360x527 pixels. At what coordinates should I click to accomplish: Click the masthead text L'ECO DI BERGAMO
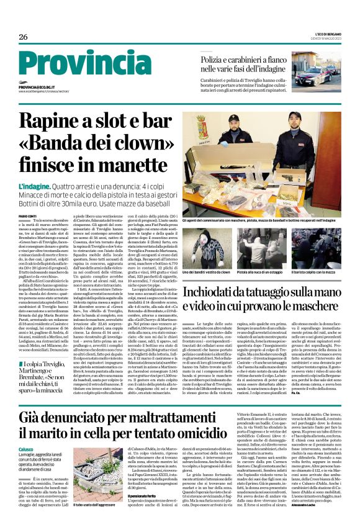328,32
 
